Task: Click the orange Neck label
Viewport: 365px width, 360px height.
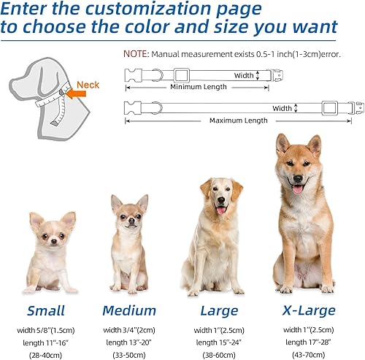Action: (88, 85)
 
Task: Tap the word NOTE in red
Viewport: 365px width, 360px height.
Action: (135, 54)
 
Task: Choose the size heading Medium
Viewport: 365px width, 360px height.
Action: (129, 310)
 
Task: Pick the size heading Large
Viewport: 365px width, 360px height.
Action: (218, 310)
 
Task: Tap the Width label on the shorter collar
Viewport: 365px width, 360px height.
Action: (245, 75)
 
